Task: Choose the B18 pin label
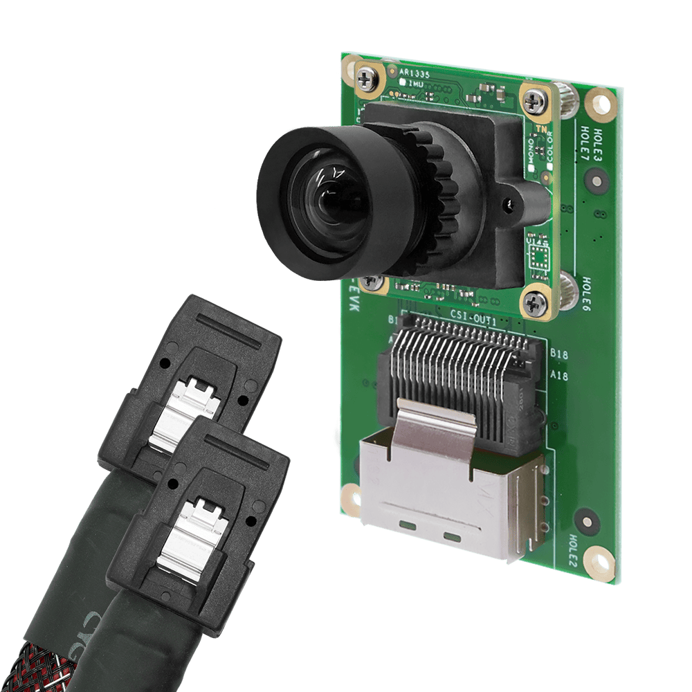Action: point(558,354)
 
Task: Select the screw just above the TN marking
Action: point(533,102)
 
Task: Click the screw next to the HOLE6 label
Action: point(535,301)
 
